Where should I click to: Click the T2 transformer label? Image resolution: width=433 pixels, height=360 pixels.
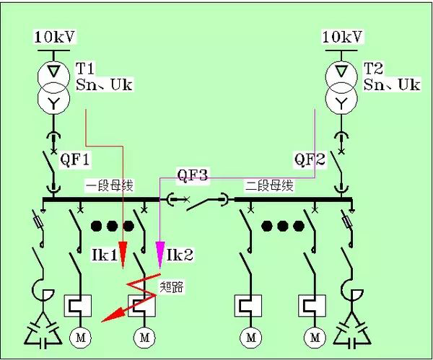coord(373,69)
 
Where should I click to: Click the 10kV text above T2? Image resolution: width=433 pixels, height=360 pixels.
coord(341,37)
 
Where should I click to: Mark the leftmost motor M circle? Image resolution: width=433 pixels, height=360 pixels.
coord(77,337)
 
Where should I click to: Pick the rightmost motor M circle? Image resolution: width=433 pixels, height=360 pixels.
coord(315,337)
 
